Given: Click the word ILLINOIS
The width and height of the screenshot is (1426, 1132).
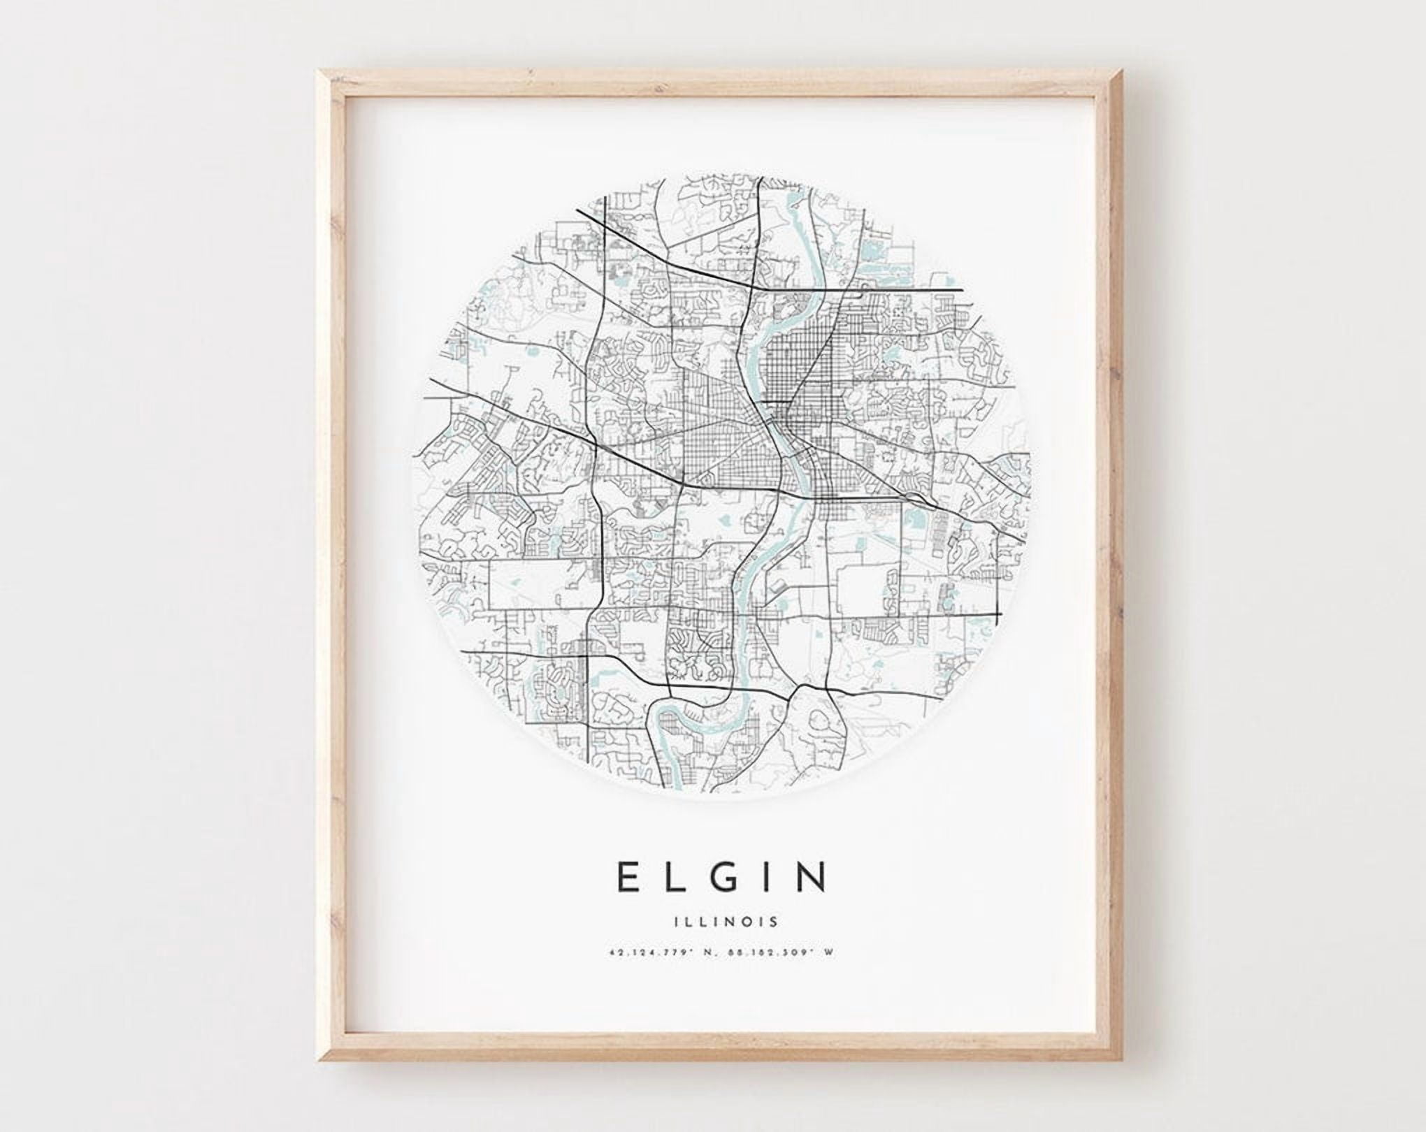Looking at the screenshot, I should click(713, 921).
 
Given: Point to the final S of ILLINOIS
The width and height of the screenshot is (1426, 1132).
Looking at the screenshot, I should click(773, 921).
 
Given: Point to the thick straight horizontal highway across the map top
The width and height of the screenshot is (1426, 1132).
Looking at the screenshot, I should click(874, 289).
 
